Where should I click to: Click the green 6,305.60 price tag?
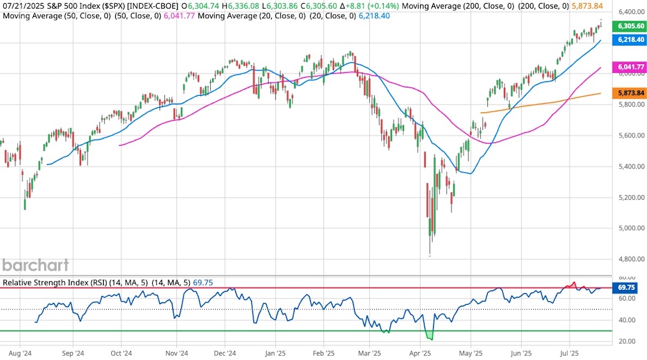coord(629,26)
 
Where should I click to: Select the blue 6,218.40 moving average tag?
coord(629,39)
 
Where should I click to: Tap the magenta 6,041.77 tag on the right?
coord(629,67)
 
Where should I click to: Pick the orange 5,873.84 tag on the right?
coord(629,93)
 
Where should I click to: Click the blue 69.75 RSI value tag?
coord(625,288)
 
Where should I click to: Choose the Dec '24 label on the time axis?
coord(225,354)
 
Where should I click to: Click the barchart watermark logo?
coord(36,265)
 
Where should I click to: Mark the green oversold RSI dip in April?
coord(430,336)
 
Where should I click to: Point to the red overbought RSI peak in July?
coord(574,283)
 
